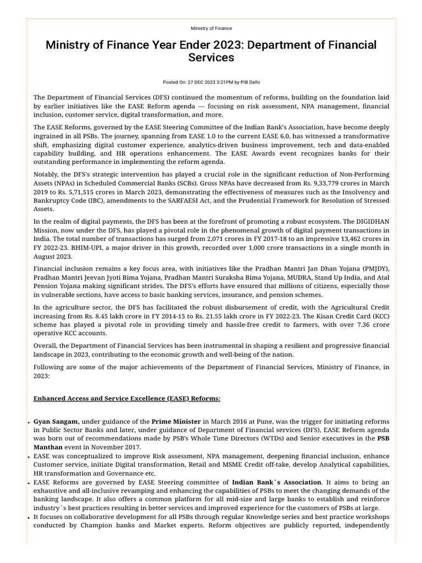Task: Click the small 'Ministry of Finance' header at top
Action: coord(211,28)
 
